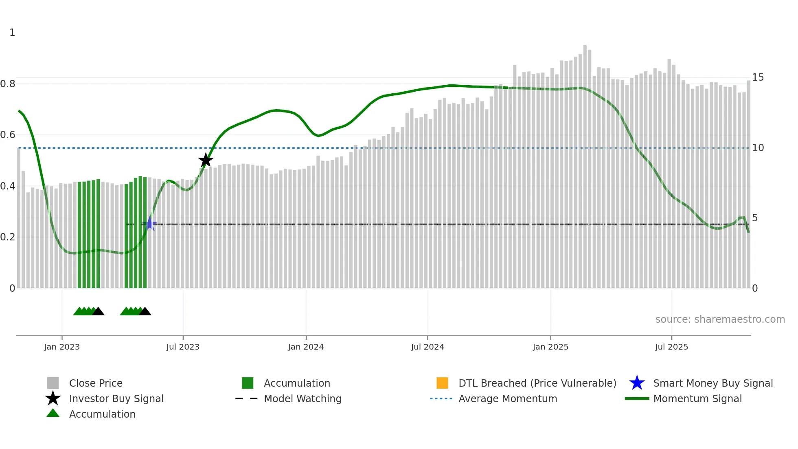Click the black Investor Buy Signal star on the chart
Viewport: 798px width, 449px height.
[x=206, y=160]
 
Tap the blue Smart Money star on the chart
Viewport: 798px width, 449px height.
[x=150, y=224]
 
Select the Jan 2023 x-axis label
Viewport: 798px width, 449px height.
[x=62, y=347]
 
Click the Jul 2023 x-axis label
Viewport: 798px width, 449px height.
[x=183, y=347]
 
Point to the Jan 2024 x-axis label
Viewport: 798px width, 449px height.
[x=306, y=347]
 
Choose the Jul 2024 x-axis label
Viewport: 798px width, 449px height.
[x=427, y=347]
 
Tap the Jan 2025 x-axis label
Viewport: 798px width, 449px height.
[x=550, y=347]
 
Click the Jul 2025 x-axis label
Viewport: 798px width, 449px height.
[x=671, y=347]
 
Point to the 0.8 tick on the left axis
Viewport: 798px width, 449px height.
[x=8, y=84]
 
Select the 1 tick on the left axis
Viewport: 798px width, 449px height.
[x=12, y=33]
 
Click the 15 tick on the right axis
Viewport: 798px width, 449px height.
[x=758, y=77]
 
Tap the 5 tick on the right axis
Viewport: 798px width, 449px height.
[x=755, y=218]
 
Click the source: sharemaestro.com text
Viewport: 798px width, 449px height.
[x=720, y=319]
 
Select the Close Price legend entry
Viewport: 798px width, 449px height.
[x=96, y=383]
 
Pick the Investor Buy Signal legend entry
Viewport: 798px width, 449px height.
[x=116, y=398]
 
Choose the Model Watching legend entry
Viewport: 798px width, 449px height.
[x=303, y=398]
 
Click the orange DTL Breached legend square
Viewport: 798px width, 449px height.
[x=442, y=383]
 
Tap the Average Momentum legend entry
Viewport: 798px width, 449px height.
[x=508, y=398]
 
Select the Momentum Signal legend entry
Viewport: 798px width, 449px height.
[x=697, y=398]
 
